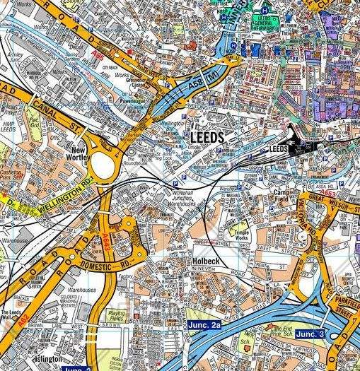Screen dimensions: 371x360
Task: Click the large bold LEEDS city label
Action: [207, 137]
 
